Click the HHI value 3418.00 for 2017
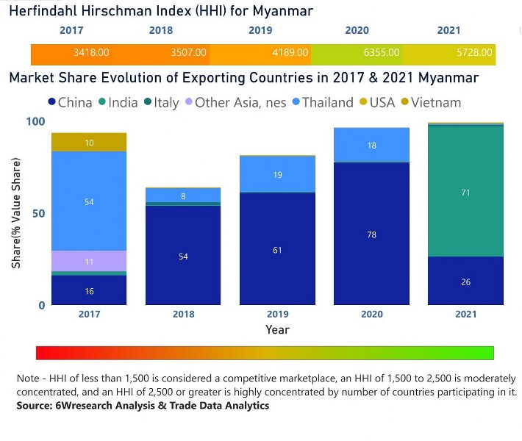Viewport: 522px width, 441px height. [91, 53]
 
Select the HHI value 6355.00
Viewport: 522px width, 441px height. [382, 53]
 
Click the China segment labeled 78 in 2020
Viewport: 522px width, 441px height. [371, 234]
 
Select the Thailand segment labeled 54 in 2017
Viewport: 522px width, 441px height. [89, 201]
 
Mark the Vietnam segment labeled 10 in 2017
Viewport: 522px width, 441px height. [89, 143]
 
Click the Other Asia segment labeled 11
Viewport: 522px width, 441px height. [89, 261]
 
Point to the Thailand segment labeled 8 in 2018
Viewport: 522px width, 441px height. [183, 196]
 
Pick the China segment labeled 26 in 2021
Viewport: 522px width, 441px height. [465, 281]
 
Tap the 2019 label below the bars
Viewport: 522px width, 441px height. [277, 315]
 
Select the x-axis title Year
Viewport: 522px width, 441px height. [277, 329]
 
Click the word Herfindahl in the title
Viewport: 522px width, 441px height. [43, 11]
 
